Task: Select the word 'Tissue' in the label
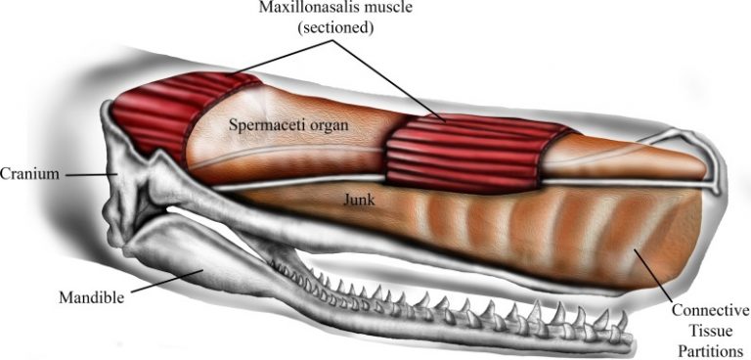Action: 711,331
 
